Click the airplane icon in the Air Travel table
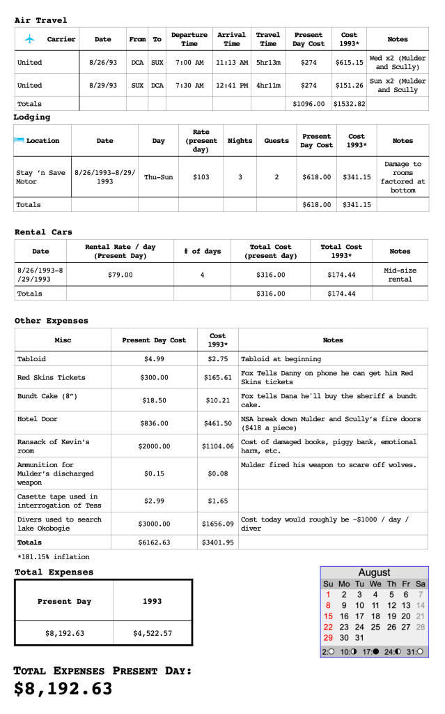29,39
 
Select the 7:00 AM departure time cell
189,62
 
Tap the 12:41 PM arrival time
231,85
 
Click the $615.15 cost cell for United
349,62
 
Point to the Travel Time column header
267,39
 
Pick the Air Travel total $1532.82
349,104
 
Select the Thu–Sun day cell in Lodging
158,177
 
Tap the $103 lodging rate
201,177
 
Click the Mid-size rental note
400,275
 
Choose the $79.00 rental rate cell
120,275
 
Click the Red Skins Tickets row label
52,377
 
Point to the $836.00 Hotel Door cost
154,423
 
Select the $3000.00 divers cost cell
154,524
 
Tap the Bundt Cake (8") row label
47,396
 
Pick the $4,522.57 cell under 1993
152,634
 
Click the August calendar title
374,572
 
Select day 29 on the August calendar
328,638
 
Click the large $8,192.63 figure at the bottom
63,689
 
